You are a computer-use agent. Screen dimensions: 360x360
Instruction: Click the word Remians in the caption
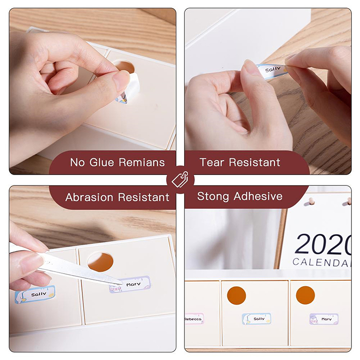[x=142, y=162]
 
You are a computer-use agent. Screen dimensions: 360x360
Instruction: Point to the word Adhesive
[x=258, y=196]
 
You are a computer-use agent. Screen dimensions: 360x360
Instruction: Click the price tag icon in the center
[x=180, y=179]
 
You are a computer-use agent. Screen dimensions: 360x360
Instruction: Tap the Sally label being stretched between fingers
[x=273, y=71]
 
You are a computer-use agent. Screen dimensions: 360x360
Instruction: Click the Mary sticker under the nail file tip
[x=130, y=285]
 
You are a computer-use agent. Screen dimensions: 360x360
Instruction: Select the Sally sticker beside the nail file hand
[x=35, y=294]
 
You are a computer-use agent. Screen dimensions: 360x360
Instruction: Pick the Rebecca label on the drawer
[x=194, y=319]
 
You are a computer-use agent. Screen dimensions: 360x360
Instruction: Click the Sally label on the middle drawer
[x=256, y=319]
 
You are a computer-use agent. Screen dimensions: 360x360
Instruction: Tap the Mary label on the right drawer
[x=324, y=319]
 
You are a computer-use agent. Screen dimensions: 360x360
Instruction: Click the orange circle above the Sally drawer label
[x=237, y=296]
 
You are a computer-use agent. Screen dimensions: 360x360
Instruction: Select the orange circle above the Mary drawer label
[x=305, y=295]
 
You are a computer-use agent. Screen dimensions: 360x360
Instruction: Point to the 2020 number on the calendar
[x=323, y=244]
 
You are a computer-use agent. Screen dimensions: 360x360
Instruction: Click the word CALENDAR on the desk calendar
[x=322, y=262]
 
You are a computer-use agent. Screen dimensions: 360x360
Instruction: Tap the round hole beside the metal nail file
[x=100, y=262]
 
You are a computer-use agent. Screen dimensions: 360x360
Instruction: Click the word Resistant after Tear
[x=254, y=162]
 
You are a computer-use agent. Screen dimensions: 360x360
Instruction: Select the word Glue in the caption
[x=102, y=162]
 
